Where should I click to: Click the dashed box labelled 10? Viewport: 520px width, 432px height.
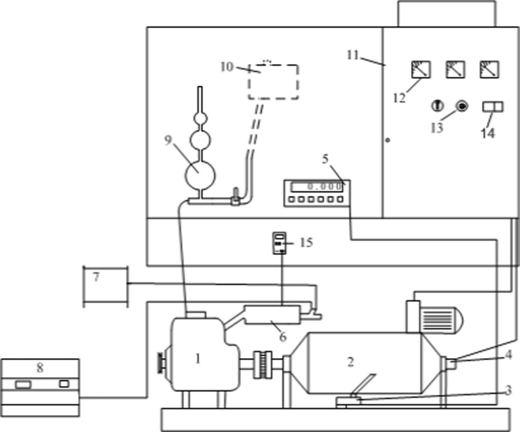(273, 81)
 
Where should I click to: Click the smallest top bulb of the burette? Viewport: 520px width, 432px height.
(200, 119)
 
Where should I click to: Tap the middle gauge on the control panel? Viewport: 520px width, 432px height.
(454, 69)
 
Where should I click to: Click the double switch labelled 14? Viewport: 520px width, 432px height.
(492, 107)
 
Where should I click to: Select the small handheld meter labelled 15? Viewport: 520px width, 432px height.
(280, 242)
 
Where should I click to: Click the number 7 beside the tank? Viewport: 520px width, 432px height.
(96, 277)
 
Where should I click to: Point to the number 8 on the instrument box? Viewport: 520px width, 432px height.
(40, 368)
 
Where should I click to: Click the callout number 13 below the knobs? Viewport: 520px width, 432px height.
(436, 127)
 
